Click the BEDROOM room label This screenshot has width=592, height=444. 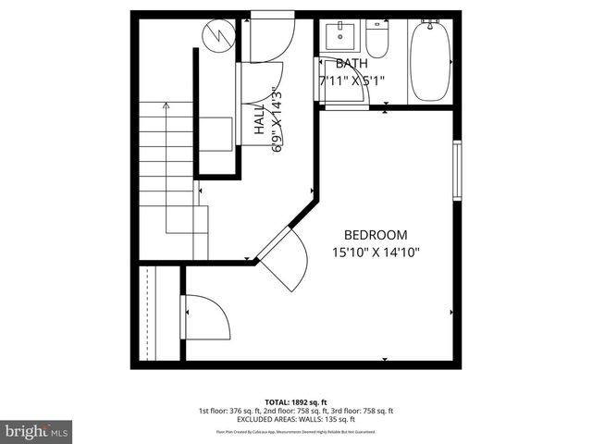point(375,235)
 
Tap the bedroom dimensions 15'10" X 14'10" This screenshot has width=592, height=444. point(375,252)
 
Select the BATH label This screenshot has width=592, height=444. point(351,63)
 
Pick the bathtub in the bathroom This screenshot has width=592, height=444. point(429,60)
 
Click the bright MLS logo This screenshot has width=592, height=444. point(36,431)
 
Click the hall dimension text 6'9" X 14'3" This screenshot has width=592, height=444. point(275,119)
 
